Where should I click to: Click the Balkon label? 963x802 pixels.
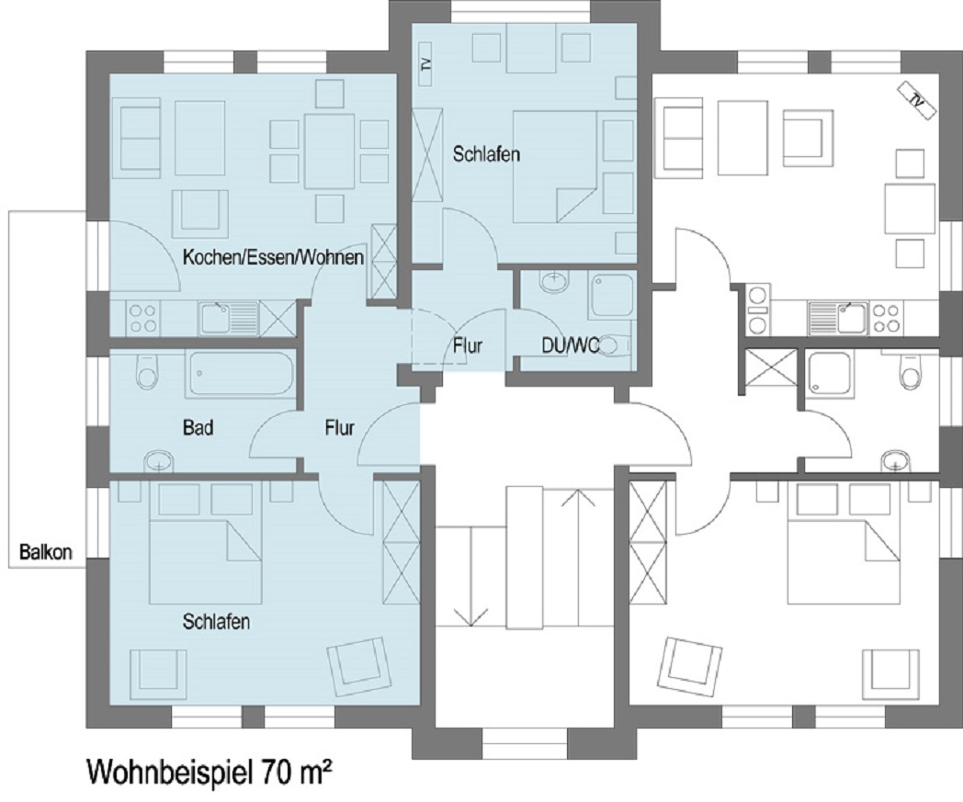tap(45, 552)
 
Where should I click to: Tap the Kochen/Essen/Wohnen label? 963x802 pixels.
tap(273, 256)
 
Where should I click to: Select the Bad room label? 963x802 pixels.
tap(198, 427)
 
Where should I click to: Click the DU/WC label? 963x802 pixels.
tap(571, 345)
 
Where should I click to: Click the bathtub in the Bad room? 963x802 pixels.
tap(241, 373)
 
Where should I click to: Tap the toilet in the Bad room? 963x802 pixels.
tap(147, 371)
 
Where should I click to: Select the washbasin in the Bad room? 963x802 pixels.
tap(159, 460)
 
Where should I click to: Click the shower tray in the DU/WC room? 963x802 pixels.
tap(611, 296)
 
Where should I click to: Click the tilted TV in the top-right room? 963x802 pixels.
tap(917, 99)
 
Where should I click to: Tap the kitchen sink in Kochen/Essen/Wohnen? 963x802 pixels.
tap(229, 318)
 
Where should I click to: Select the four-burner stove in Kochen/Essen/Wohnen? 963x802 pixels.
tap(142, 318)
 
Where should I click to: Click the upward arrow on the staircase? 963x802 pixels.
tap(578, 556)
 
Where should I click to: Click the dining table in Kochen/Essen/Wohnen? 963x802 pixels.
tap(329, 151)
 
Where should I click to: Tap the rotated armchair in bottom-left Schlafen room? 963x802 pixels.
tap(359, 664)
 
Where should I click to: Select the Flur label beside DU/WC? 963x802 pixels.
tap(468, 345)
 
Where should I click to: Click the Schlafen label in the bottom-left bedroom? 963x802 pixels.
tap(216, 621)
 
